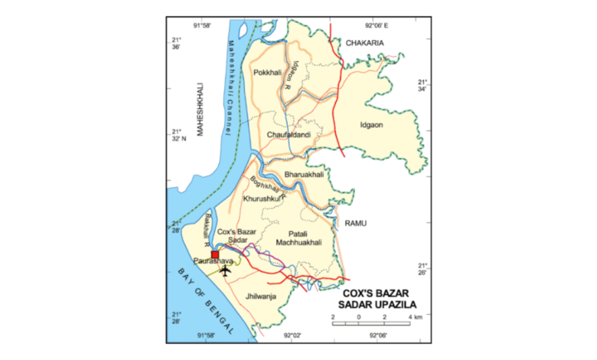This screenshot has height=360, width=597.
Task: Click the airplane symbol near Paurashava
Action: [x=225, y=269]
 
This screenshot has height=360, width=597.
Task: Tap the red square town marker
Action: [x=215, y=254]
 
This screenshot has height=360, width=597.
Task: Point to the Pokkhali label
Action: [x=269, y=73]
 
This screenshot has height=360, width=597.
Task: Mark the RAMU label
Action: [x=356, y=223]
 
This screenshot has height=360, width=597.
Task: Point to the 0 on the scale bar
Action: [x=359, y=316]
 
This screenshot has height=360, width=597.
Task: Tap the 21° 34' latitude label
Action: [x=423, y=85]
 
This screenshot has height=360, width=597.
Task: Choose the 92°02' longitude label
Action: [x=294, y=335]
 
